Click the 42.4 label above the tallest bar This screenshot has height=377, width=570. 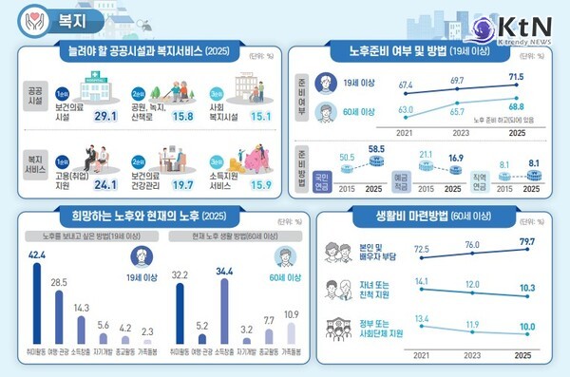[38, 254]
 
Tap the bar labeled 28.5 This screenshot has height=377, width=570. [59, 313]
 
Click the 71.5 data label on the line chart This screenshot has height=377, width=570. [517, 74]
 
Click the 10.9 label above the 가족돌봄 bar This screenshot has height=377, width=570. [291, 314]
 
